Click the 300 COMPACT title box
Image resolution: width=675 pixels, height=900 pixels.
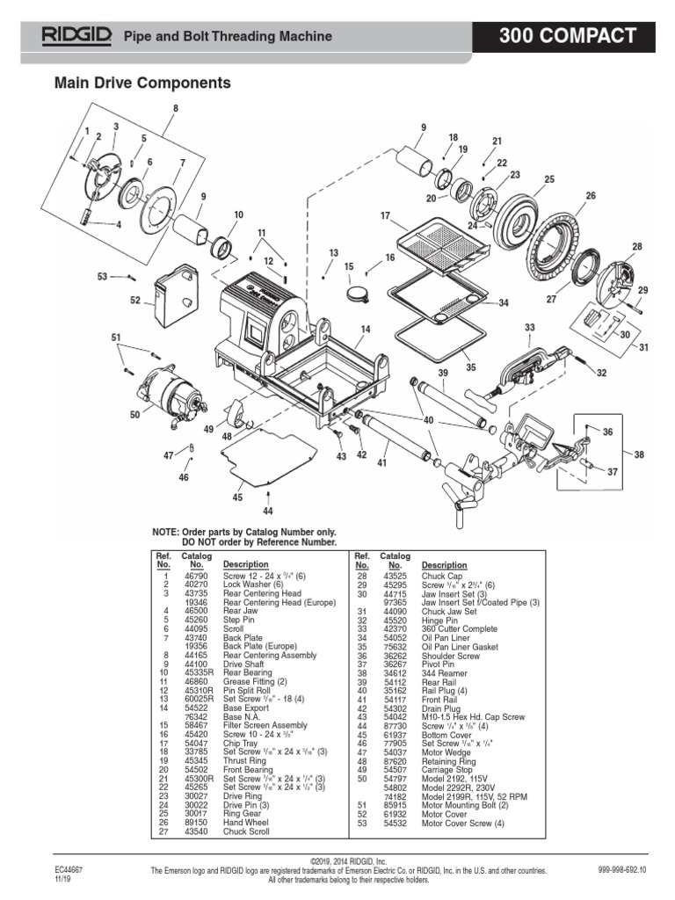568,36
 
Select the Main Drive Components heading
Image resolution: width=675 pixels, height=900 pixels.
142,83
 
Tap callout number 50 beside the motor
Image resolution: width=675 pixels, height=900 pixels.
134,414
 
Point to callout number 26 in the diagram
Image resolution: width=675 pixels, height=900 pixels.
591,195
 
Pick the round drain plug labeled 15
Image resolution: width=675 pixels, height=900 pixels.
358,293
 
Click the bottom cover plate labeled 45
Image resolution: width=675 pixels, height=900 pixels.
267,458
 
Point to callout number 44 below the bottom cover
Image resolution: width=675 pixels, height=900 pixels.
267,511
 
